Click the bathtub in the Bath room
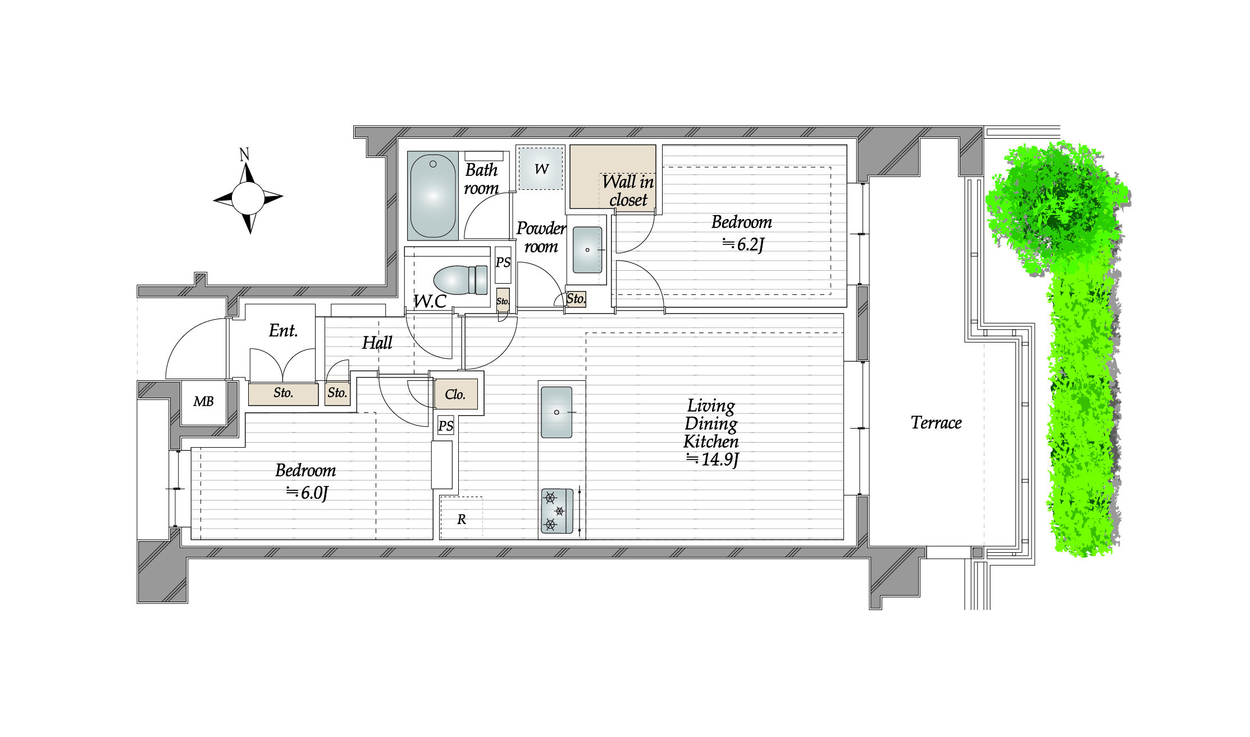[x=432, y=196]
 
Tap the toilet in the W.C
[x=460, y=280]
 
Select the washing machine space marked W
[x=540, y=169]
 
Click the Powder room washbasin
[x=587, y=250]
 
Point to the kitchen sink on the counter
[x=556, y=412]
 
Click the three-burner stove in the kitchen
[x=557, y=511]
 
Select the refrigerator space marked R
[x=462, y=518]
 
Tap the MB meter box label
[x=204, y=402]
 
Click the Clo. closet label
[x=455, y=394]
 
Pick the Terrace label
[x=936, y=422]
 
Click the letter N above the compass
[x=244, y=154]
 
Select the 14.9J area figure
[x=713, y=460]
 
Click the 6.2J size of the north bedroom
[x=743, y=244]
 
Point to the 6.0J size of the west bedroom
[x=307, y=493]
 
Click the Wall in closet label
[x=628, y=190]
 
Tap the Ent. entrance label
[x=283, y=330]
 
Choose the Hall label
[x=377, y=343]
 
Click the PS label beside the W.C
[x=503, y=262]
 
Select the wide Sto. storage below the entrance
[x=284, y=393]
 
